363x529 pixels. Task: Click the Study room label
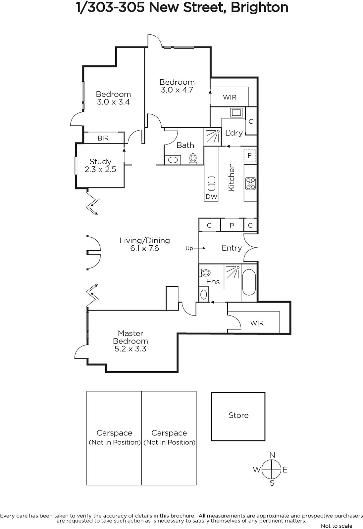coord(100,162)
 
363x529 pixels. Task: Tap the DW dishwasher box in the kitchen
coord(211,196)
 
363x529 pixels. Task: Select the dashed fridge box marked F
coord(249,155)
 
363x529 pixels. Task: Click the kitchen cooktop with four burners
coord(250,183)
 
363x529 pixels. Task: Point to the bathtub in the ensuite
coord(249,282)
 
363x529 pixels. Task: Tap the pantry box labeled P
coord(232,225)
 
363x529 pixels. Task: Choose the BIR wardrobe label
coord(103,138)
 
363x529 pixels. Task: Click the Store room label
coord(238,415)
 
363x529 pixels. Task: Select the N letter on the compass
coord(272,455)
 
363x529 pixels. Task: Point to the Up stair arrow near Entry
coord(199,248)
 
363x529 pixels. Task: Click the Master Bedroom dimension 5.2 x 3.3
coord(130,348)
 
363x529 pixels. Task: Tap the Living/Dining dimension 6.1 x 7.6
coord(144,248)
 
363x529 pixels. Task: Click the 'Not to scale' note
coord(337,526)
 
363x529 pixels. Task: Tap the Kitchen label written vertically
coord(231,177)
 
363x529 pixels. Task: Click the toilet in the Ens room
coord(205,273)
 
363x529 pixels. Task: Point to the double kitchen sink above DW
coord(211,184)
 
